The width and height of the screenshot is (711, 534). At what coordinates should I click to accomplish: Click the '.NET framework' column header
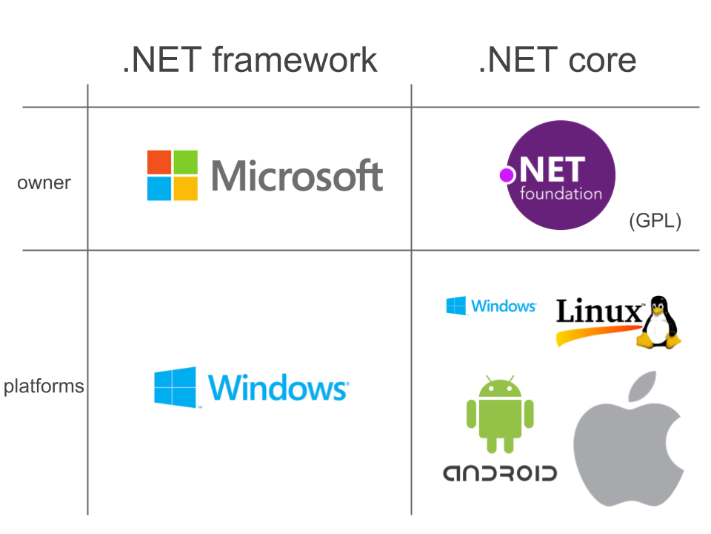[x=250, y=59]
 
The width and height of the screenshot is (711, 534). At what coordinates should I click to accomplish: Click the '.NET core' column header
[x=557, y=59]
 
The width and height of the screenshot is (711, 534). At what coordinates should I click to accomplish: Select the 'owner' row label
[x=44, y=182]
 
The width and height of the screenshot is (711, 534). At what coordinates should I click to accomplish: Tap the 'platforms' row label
[x=43, y=386]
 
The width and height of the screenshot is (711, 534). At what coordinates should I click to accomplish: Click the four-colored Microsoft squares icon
[x=173, y=176]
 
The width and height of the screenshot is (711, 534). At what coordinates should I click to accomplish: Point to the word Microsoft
[x=297, y=176]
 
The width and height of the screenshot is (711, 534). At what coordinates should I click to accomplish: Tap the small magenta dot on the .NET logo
[x=507, y=175]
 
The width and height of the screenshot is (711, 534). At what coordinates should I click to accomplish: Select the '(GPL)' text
[x=655, y=221]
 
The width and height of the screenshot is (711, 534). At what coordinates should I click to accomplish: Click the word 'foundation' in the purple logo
[x=561, y=194]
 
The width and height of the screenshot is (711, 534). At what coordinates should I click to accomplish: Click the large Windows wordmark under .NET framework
[x=278, y=388]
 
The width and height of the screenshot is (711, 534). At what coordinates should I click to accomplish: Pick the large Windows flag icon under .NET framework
[x=176, y=386]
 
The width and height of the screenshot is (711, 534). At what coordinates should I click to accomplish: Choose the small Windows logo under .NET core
[x=491, y=306]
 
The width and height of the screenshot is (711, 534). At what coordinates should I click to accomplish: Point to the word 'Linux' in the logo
[x=598, y=312]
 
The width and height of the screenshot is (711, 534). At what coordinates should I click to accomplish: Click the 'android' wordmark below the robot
[x=500, y=473]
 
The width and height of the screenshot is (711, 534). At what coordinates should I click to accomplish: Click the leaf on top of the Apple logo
[x=644, y=389]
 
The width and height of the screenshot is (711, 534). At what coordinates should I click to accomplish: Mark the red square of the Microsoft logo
[x=159, y=162]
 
